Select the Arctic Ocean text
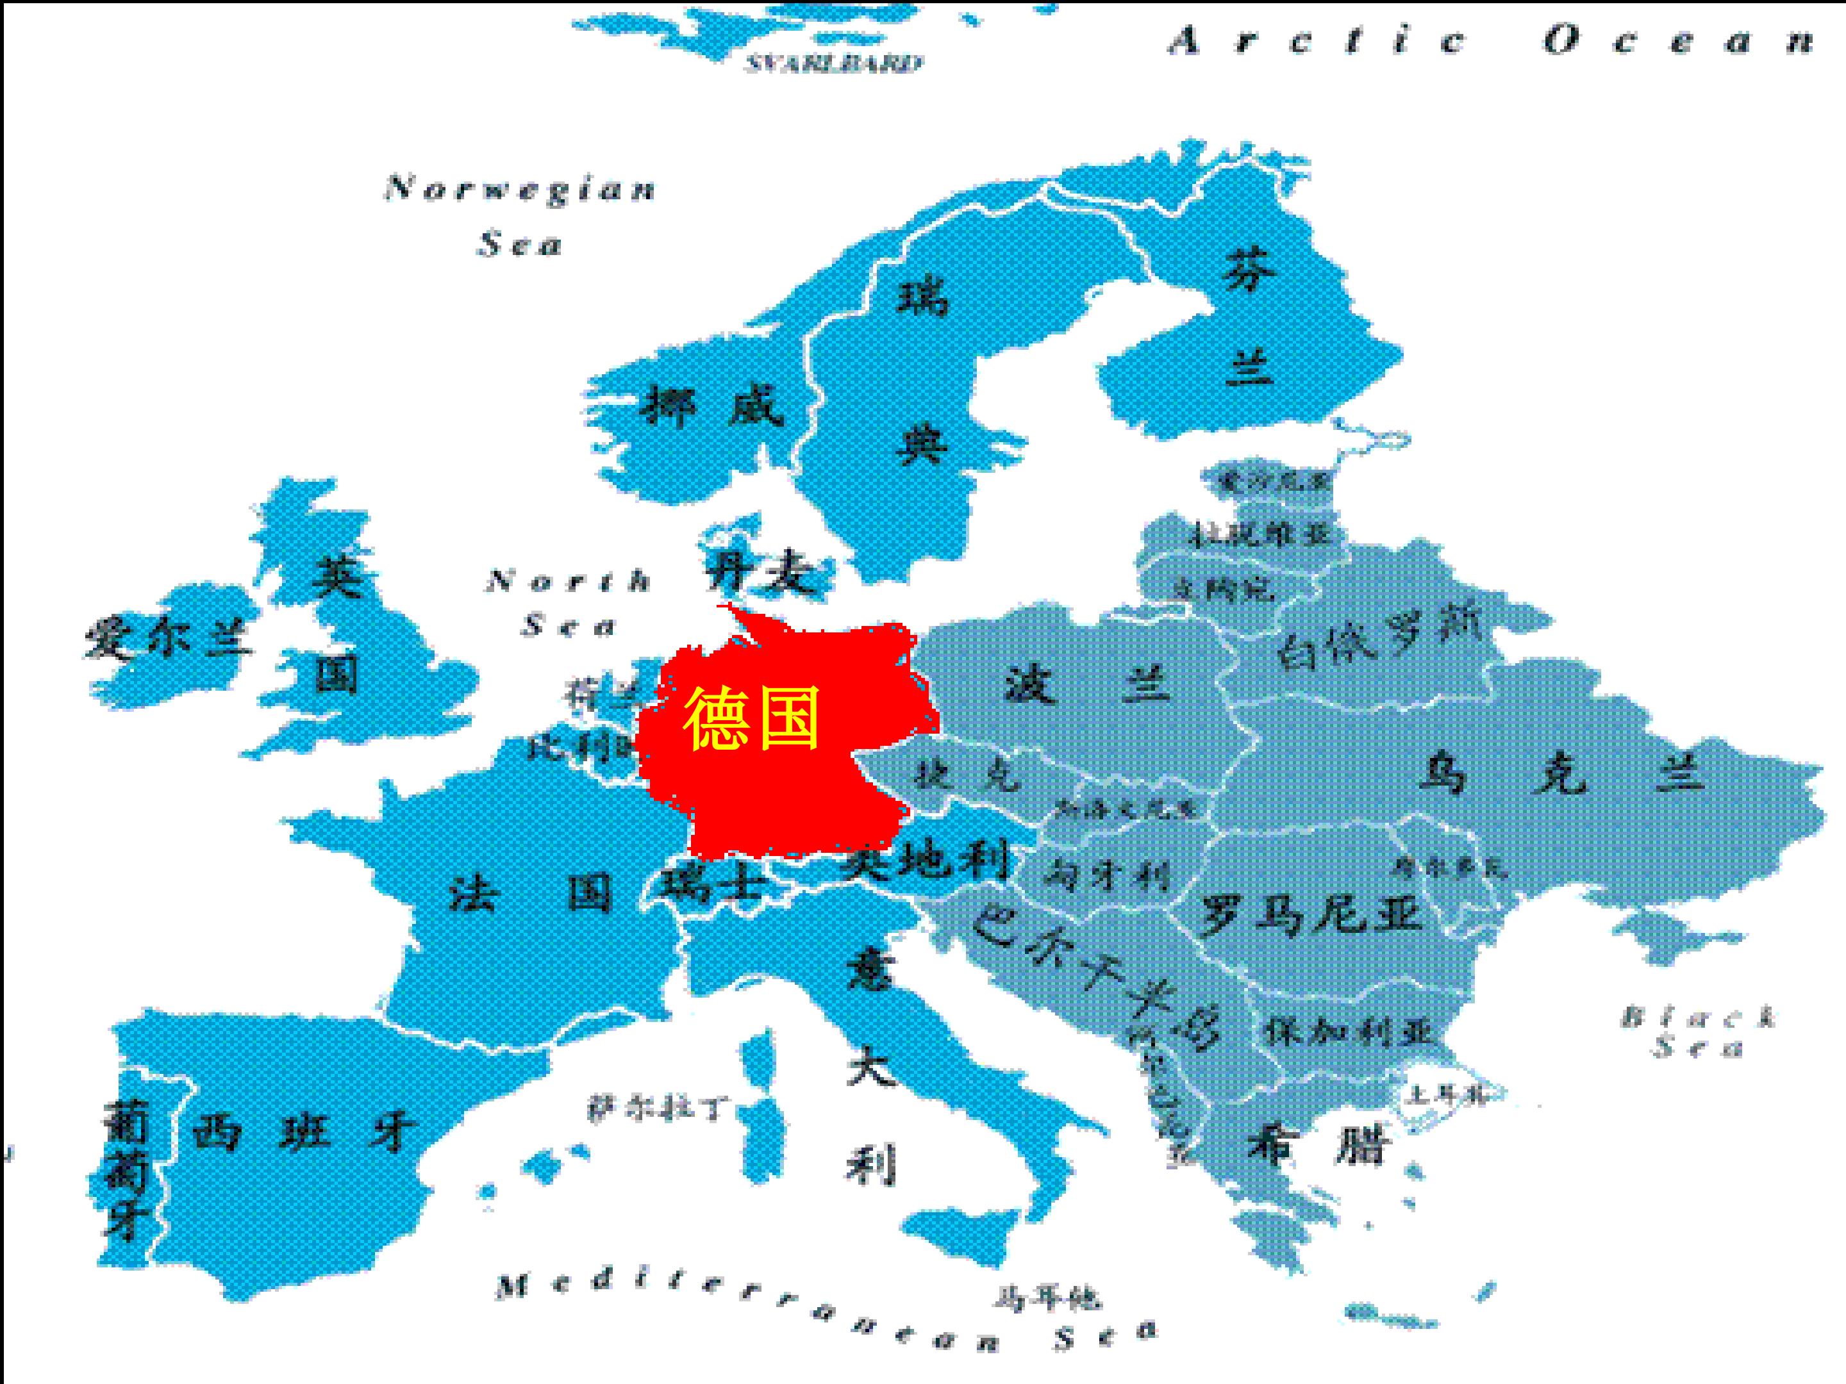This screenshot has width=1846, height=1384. tap(1490, 40)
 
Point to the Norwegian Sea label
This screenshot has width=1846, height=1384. tap(520, 215)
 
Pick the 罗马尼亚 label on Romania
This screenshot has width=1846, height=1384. tap(1310, 914)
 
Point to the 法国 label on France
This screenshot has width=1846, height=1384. tap(531, 893)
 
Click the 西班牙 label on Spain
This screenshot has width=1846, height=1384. tap(304, 1133)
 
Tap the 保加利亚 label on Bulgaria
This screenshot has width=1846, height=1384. tap(1349, 1033)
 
